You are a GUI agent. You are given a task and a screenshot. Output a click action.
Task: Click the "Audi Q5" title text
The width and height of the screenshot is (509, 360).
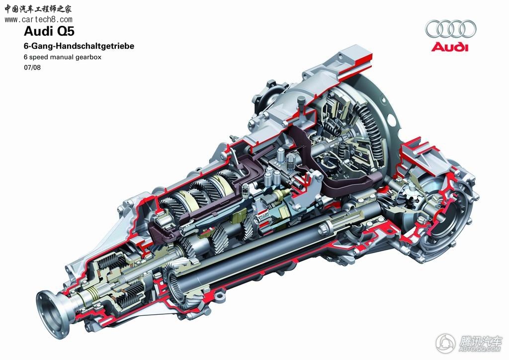coord(49,31)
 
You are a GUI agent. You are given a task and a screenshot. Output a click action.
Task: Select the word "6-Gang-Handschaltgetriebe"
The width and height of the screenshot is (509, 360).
coord(79,46)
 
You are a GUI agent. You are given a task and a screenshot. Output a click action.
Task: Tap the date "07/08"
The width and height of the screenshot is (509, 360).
coord(32,68)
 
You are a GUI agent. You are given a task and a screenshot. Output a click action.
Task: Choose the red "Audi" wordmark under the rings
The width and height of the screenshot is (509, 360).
coord(450,47)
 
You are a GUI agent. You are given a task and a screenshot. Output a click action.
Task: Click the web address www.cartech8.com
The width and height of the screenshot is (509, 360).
coord(38,19)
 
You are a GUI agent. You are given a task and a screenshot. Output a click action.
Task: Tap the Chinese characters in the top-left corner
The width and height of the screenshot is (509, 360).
coord(38,9)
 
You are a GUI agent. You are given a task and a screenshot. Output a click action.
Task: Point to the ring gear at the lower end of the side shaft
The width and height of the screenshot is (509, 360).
coord(177,285)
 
